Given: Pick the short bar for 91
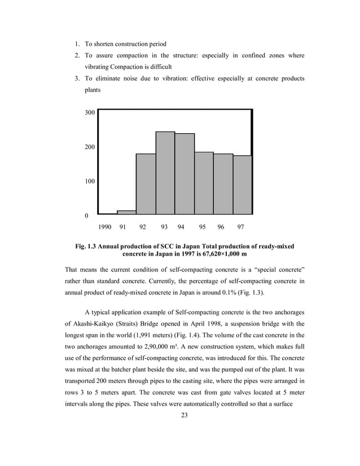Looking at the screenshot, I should coord(126,212).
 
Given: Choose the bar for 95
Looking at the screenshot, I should coord(204,183).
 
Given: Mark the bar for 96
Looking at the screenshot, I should coord(223,184).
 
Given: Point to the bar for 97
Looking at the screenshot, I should coord(242,185).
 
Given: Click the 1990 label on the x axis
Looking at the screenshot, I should coord(105,228).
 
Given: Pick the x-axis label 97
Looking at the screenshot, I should coord(241,228).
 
